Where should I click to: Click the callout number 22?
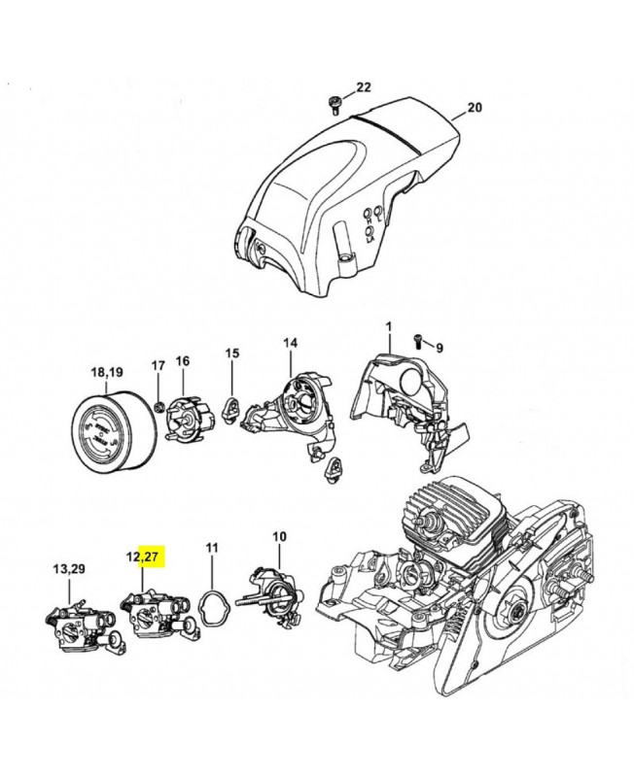(364, 87)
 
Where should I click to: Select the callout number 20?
(474, 108)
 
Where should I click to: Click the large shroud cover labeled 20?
(350, 189)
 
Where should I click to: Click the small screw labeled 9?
(419, 341)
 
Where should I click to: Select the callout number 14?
(290, 343)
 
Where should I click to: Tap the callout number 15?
(231, 354)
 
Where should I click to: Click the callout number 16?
(182, 361)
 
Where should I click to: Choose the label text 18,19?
(106, 372)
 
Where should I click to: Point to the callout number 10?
(279, 535)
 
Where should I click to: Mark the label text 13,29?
(68, 568)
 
